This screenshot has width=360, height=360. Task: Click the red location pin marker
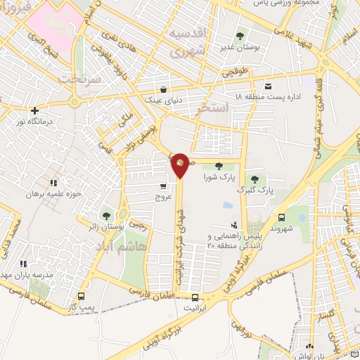180,165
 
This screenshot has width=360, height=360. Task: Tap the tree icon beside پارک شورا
219,167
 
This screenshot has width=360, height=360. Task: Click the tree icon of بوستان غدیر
240,35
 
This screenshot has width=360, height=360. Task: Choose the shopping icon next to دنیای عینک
164,90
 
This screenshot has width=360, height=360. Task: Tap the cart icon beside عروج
164,186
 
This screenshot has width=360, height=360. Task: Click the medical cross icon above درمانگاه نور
34,110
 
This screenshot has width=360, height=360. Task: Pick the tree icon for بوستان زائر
106,216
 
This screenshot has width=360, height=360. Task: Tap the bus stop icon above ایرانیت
195,297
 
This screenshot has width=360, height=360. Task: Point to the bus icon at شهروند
281,218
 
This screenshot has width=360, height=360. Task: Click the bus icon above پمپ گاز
82,296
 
